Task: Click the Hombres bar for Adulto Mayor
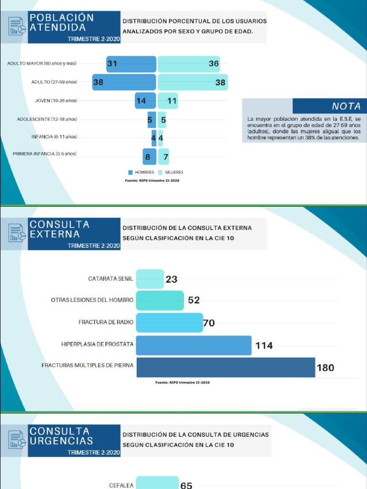click(131, 64)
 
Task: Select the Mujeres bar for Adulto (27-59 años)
click(193, 82)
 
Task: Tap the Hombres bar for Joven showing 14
click(145, 101)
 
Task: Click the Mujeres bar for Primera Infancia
click(163, 157)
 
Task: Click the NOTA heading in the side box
click(346, 106)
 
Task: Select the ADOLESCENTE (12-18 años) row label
click(47, 119)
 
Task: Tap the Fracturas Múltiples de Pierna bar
click(226, 367)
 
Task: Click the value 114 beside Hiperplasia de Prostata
click(264, 346)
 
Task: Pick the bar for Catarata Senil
click(150, 279)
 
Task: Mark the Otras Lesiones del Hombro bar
click(160, 300)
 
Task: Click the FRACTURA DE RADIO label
click(106, 322)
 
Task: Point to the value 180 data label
click(325, 368)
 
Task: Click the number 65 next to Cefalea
click(186, 485)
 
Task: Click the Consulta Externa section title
click(59, 229)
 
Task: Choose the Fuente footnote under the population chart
click(152, 181)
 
